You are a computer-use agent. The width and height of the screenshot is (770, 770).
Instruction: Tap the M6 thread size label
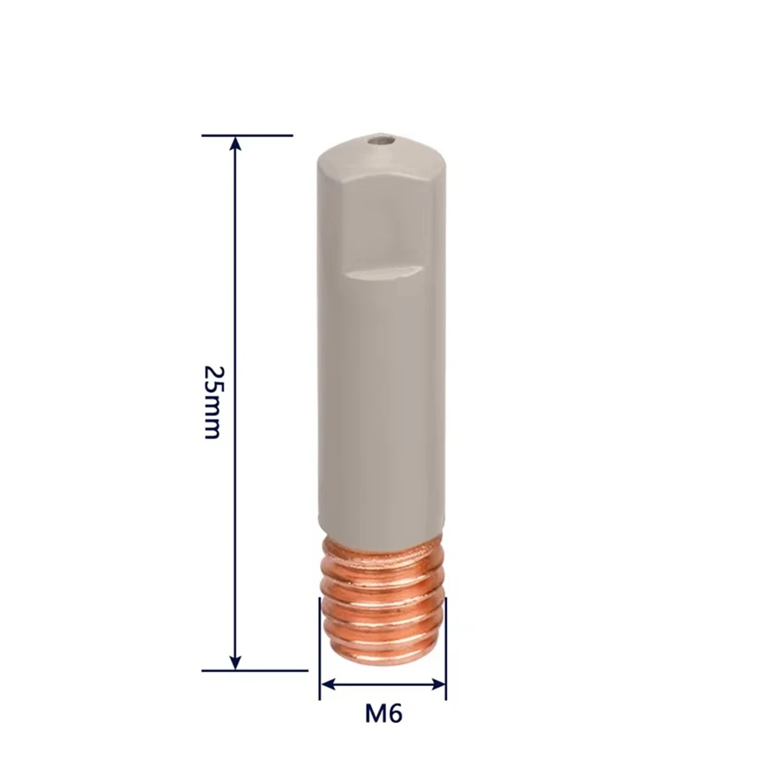pyautogui.click(x=383, y=714)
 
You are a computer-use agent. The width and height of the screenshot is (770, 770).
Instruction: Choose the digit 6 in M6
pyautogui.click(x=395, y=714)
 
